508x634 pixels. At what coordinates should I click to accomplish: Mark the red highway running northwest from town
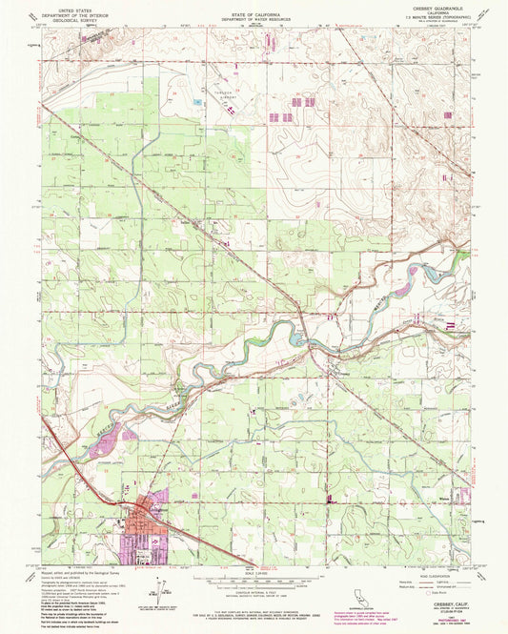pyautogui.click(x=81, y=477)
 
